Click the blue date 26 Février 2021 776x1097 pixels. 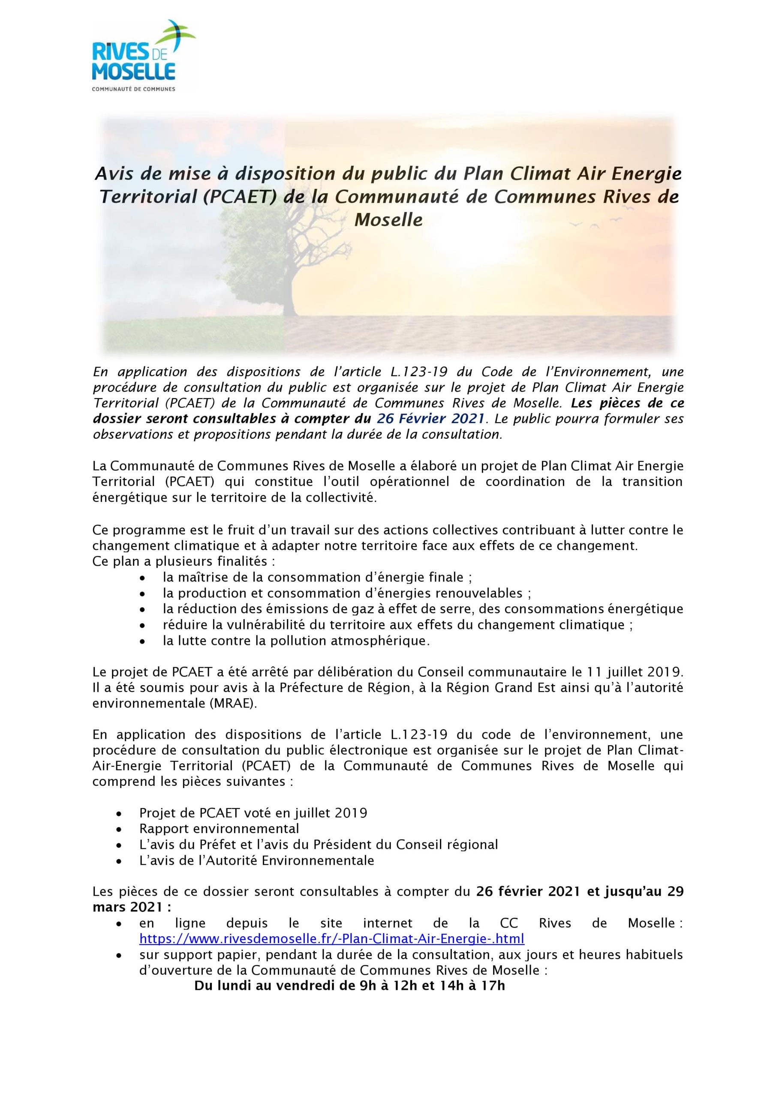[x=430, y=419]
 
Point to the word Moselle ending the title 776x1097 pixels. [x=388, y=220]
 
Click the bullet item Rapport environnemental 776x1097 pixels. [x=219, y=828]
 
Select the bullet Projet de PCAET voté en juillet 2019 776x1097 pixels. [x=253, y=813]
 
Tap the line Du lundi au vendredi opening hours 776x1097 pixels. [x=349, y=985]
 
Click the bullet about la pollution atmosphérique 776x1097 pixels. [x=296, y=641]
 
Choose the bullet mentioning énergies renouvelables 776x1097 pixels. [x=347, y=593]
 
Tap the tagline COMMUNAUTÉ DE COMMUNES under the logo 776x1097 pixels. [x=133, y=89]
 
